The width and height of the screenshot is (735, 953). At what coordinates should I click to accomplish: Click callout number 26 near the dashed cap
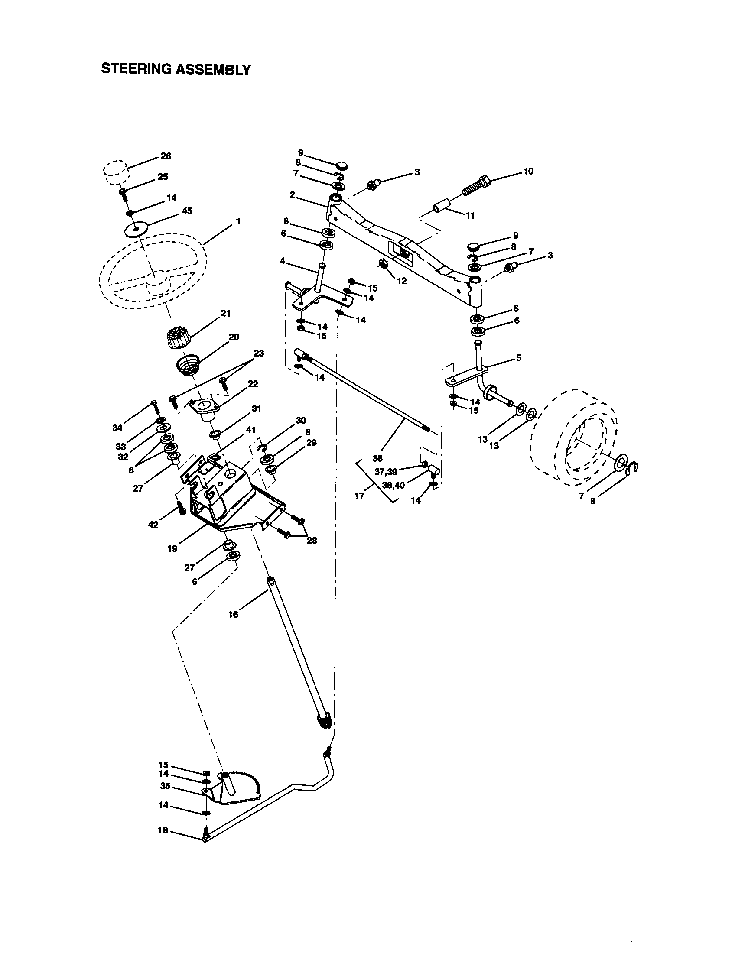[x=166, y=156]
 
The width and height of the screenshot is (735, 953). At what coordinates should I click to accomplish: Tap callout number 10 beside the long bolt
[x=528, y=171]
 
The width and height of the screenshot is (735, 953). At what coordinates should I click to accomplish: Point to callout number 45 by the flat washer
[x=187, y=211]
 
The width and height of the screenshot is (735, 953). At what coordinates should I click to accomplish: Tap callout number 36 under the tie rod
[x=377, y=458]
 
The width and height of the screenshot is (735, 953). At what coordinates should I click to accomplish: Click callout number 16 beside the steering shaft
[x=234, y=614]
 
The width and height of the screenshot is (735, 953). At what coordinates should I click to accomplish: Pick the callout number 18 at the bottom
[x=163, y=830]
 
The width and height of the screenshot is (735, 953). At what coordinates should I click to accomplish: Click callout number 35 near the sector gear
[x=165, y=786]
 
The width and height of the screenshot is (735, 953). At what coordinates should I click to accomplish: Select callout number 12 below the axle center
[x=402, y=281]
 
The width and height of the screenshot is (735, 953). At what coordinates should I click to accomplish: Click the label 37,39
[x=386, y=471]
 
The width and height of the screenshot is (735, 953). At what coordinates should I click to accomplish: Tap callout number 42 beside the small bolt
[x=153, y=525]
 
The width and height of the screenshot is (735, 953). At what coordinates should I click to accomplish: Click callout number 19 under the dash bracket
[x=172, y=549]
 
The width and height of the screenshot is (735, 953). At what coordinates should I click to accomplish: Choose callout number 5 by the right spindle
[x=518, y=358]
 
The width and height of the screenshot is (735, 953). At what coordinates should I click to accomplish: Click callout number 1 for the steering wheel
[x=238, y=221]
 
